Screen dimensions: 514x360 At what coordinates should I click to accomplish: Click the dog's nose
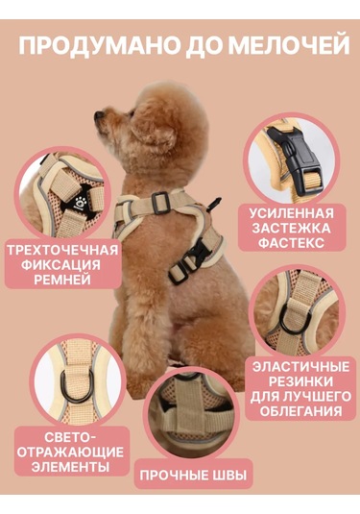coord(98,117)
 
